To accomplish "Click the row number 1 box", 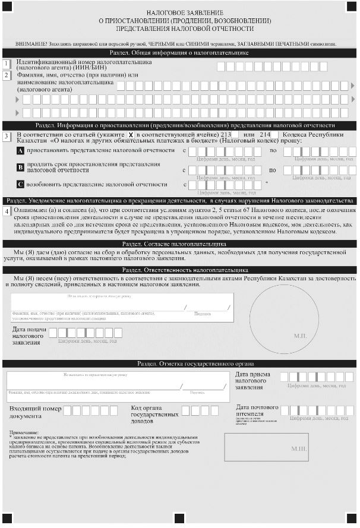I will pyautogui.click(x=7, y=64).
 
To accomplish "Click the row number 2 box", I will pyautogui.click(x=7, y=75).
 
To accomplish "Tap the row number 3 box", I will pyautogui.click(x=7, y=136).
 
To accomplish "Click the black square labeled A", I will pyautogui.click(x=20, y=151).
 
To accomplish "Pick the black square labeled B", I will pyautogui.click(x=20, y=167).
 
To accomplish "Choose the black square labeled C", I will pyautogui.click(x=20, y=184).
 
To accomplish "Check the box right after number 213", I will pyautogui.click(x=235, y=135).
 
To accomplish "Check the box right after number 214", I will pyautogui.click(x=275, y=135).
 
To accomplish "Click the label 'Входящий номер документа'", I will pyautogui.click(x=35, y=412).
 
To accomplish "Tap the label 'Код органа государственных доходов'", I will pyautogui.click(x=154, y=415).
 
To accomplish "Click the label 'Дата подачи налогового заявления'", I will pyautogui.click(x=29, y=335).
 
